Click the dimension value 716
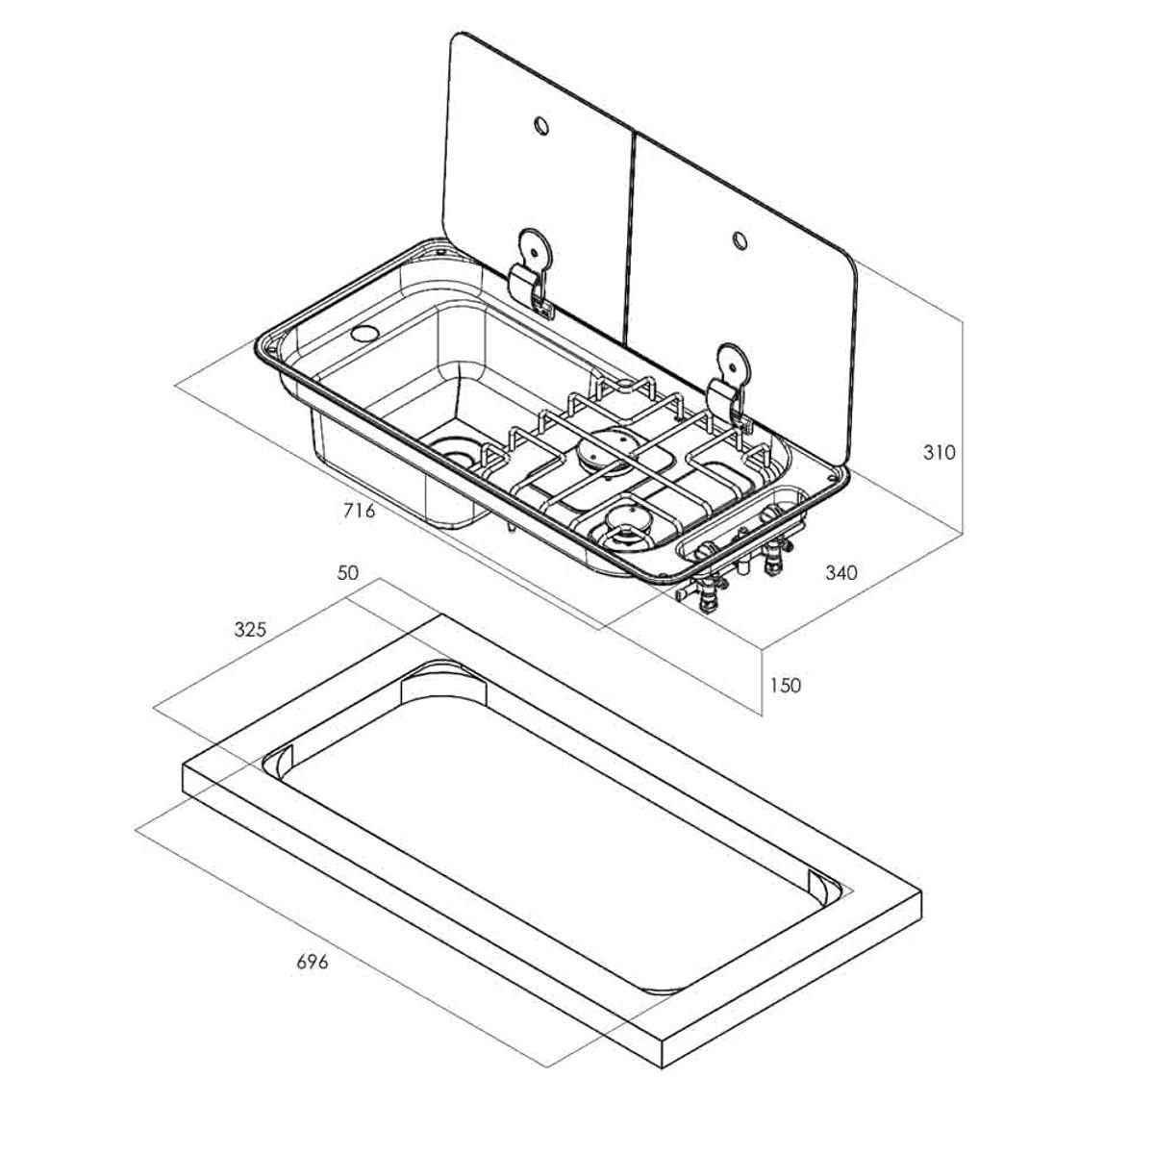358,511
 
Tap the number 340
840,573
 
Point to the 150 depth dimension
784,685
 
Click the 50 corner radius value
347,573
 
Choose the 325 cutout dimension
251,629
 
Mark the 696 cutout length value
313,962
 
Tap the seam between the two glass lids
631,240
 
